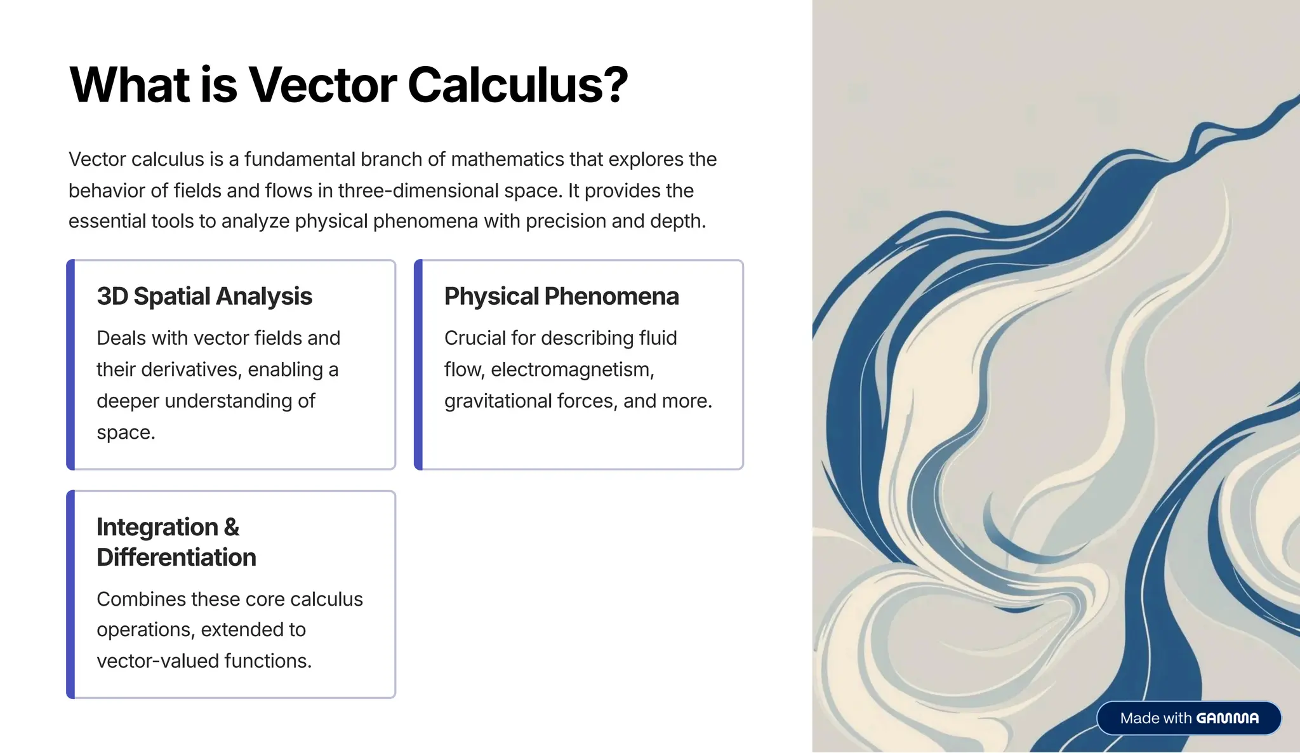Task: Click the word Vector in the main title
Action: [x=321, y=85]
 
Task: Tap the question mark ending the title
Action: [x=614, y=85]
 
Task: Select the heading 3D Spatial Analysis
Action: [x=204, y=297]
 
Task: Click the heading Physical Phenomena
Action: [x=561, y=297]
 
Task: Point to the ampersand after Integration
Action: [x=232, y=528]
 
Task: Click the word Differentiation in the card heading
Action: [x=176, y=557]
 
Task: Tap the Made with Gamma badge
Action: [x=1188, y=718]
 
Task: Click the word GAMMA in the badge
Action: [x=1227, y=718]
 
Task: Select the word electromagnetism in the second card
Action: [x=572, y=370]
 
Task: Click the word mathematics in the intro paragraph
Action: [x=507, y=159]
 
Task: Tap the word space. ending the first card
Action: [x=126, y=432]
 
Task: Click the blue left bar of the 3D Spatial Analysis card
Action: [x=70, y=364]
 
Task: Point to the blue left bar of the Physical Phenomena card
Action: [x=418, y=364]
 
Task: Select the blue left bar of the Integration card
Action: [x=70, y=594]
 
